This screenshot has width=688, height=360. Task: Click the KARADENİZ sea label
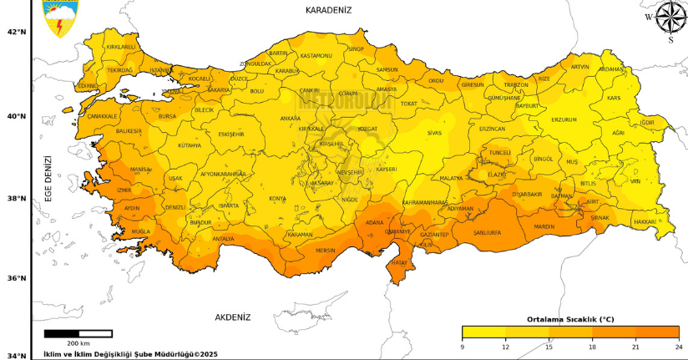[x=328, y=10]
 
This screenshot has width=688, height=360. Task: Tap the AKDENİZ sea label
[x=232, y=317]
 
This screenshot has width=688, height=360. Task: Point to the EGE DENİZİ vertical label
[x=48, y=179]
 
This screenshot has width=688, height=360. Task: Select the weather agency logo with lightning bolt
[x=58, y=18]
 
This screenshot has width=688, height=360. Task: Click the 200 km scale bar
[x=78, y=334]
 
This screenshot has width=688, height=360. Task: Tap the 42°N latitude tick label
[x=17, y=33]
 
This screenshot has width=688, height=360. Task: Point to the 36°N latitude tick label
[x=17, y=279]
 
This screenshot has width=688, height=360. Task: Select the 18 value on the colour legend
[x=592, y=347]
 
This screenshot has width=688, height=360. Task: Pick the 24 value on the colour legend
[x=678, y=347]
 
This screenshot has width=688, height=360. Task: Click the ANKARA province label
[x=291, y=119]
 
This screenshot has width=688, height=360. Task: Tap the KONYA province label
[x=277, y=199]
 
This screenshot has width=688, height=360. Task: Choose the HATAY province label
[x=399, y=263]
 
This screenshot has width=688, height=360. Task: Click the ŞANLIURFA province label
[x=487, y=233]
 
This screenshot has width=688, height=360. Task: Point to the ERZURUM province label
[x=564, y=119]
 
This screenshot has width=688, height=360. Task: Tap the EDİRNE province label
[x=88, y=86]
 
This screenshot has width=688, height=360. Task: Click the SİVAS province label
[x=434, y=133]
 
